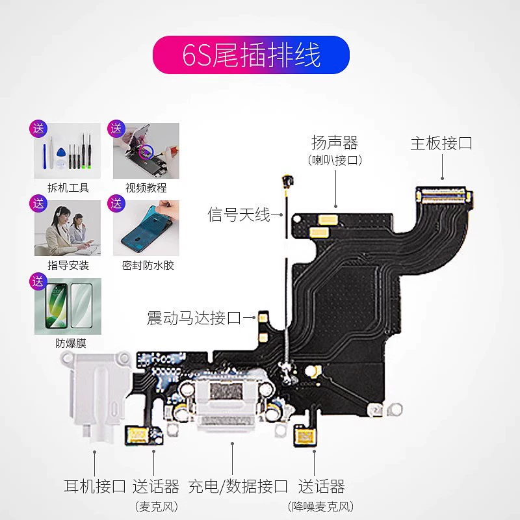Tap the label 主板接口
click(x=441, y=144)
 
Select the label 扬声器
click(x=335, y=142)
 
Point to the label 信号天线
click(x=239, y=214)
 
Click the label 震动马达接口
click(x=194, y=318)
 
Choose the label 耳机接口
click(x=95, y=486)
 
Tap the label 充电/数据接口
click(x=238, y=486)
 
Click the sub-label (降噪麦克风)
click(x=321, y=506)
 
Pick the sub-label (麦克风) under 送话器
click(x=156, y=506)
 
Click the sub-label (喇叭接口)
click(x=335, y=159)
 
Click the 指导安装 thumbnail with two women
click(x=68, y=229)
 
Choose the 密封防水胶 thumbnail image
click(x=146, y=229)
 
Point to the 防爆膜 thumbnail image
click(x=68, y=307)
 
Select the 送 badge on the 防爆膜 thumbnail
click(x=38, y=282)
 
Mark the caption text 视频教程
click(x=146, y=188)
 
